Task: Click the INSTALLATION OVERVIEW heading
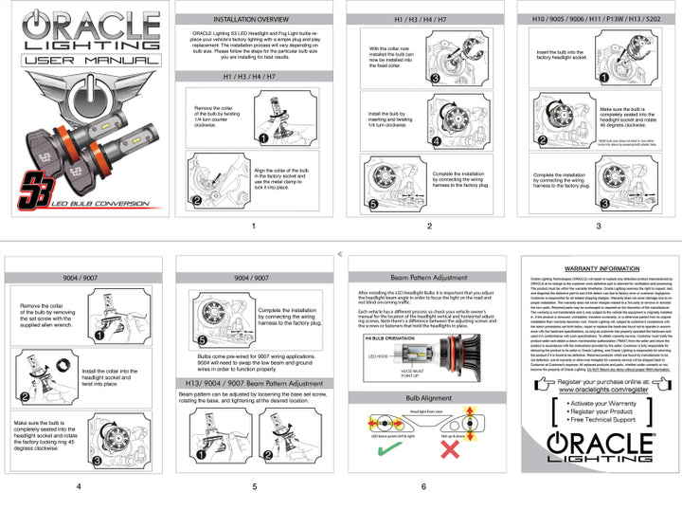(252, 18)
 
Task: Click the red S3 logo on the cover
(37, 185)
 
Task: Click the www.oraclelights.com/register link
(598, 389)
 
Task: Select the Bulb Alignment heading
(424, 398)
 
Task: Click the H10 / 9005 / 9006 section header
(598, 18)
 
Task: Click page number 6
(423, 486)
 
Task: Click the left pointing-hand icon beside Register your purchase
(545, 384)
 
